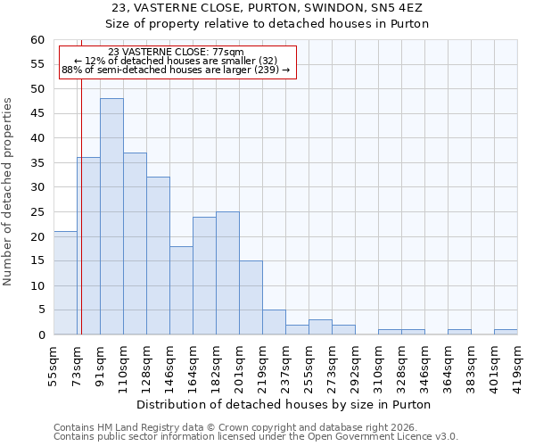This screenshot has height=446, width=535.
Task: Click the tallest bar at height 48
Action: tap(111, 217)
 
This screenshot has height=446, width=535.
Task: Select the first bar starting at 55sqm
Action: tap(65, 283)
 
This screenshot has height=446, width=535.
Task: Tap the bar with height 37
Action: tap(135, 244)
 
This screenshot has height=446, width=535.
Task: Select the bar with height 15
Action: tap(251, 298)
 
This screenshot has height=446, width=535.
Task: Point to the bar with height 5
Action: tap(274, 322)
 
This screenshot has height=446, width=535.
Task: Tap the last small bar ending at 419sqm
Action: tap(506, 332)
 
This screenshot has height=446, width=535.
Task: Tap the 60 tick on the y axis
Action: tap(37, 40)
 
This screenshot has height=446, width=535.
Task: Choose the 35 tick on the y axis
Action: tap(37, 163)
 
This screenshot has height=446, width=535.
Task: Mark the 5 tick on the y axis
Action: tap(40, 310)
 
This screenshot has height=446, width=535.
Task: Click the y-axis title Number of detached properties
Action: tap(9, 193)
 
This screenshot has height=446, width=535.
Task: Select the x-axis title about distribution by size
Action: tap(284, 404)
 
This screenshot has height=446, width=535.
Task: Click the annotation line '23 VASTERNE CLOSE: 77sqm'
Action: tap(175, 52)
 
